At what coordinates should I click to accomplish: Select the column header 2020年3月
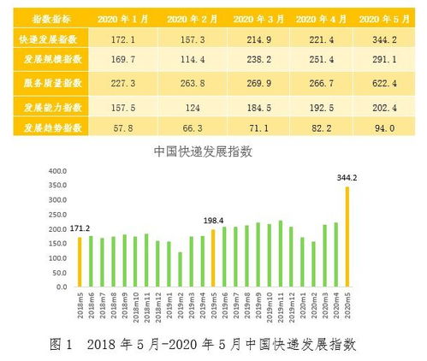pyautogui.click(x=236, y=18)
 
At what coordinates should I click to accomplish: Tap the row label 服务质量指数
pyautogui.click(x=45, y=84)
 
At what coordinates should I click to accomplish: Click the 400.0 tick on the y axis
pyautogui.click(x=56, y=171)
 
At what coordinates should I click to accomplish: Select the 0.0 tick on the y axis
pyautogui.click(x=59, y=287)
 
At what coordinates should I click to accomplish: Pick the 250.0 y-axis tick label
pyautogui.click(x=56, y=215)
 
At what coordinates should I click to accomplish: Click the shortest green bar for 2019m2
pyautogui.click(x=180, y=269)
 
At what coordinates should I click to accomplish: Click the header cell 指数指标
pyautogui.click(x=45, y=18)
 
